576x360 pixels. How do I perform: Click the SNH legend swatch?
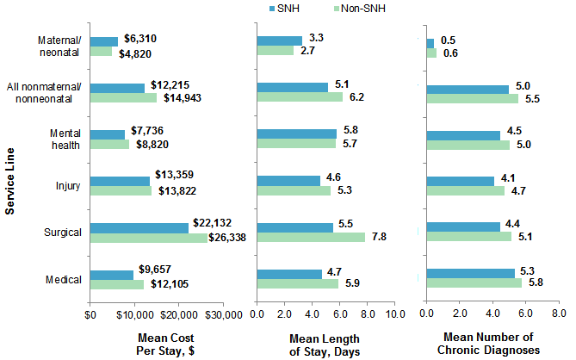[x=273, y=9]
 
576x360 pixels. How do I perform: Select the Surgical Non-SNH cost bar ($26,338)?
[x=149, y=238]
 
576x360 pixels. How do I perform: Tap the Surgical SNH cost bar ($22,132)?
[x=139, y=227]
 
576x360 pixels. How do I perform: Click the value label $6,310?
[x=140, y=39]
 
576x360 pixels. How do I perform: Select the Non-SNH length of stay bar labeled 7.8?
[x=311, y=238]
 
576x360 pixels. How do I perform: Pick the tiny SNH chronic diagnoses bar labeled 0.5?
[x=430, y=42]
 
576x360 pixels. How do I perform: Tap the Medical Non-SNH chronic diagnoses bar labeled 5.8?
[x=474, y=283]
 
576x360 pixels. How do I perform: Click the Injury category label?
[x=69, y=185]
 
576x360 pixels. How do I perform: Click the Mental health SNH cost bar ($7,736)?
[x=108, y=134]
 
